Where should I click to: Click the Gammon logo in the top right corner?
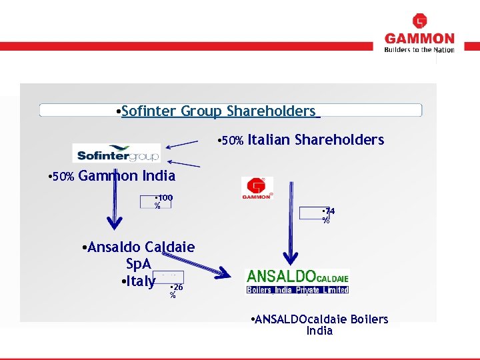(x=419, y=33)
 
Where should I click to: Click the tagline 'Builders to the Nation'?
(x=419, y=49)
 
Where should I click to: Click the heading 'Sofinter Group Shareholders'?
(x=218, y=111)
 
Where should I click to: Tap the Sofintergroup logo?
(x=117, y=153)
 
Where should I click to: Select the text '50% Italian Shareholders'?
(x=302, y=139)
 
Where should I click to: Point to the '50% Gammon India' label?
(x=113, y=177)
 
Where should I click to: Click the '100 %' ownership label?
(x=162, y=201)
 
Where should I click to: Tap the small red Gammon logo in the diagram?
(x=257, y=188)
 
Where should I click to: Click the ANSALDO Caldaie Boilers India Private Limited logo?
(x=297, y=281)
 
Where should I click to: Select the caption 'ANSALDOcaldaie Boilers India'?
(x=320, y=325)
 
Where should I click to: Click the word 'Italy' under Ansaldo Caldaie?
(x=139, y=281)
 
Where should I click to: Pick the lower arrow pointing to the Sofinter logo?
(x=183, y=163)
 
